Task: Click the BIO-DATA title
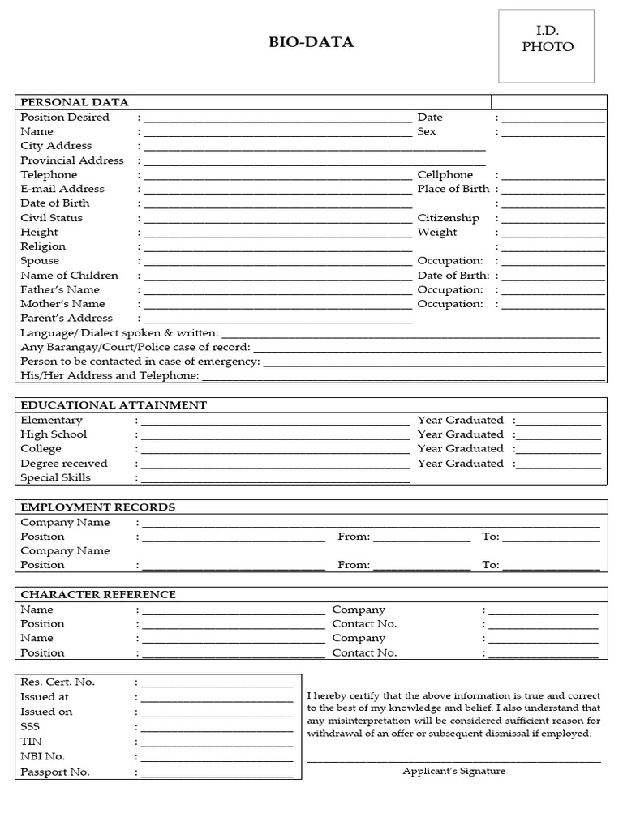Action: point(311,43)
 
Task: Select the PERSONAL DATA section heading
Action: point(74,102)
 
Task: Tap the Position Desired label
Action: point(65,118)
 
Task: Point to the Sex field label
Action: point(427,131)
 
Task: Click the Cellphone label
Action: point(445,175)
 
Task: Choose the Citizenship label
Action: point(448,218)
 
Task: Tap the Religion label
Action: point(43,246)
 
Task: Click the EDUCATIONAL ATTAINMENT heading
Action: point(114,405)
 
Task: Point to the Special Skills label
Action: point(55,478)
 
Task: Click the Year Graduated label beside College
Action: point(460,449)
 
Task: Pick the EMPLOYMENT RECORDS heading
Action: point(97,507)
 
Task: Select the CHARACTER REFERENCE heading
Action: point(98,595)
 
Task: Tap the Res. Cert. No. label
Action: point(58,682)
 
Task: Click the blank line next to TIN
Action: point(217,743)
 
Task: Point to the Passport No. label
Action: point(55,772)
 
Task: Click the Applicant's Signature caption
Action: point(453,772)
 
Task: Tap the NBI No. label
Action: point(43,757)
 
